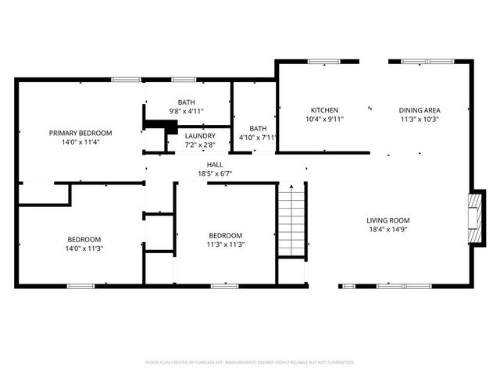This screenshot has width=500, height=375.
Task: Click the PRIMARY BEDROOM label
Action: pos(80,133)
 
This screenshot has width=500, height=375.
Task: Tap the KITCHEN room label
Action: pos(324,110)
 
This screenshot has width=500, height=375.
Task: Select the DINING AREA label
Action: pos(420,110)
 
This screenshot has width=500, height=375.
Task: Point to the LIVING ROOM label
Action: pos(388,220)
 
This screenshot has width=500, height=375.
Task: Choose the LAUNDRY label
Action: pos(200,135)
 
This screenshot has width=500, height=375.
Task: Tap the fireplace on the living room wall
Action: pos(474,216)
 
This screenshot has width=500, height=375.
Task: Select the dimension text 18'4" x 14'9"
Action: pos(388,230)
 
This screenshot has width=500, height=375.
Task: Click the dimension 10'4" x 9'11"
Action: pos(324,120)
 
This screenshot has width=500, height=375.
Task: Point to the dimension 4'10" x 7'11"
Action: pos(258,137)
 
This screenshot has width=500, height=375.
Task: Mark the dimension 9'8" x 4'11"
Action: pos(187,112)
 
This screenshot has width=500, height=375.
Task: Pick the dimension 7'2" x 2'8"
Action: pos(200,145)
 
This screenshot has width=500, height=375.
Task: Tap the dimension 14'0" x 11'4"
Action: pos(80,142)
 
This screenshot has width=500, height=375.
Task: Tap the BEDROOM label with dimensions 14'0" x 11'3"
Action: pos(84,239)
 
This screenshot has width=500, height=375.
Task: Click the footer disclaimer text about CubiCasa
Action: pos(250,362)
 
